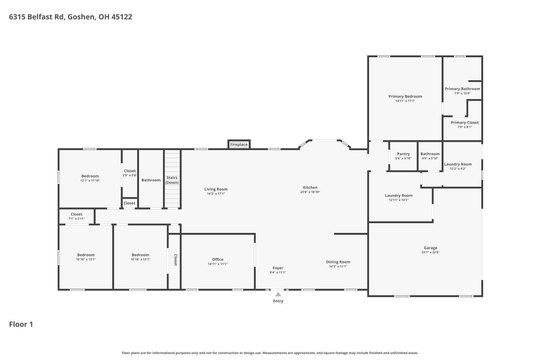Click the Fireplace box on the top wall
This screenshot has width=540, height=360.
(239, 144)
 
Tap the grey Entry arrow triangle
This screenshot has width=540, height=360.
(278, 294)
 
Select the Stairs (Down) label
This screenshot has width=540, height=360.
(172, 180)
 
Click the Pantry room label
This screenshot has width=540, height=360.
(403, 154)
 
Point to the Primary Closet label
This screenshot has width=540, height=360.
(464, 122)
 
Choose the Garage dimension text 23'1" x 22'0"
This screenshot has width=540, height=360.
(431, 252)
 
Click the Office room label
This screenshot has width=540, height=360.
(218, 260)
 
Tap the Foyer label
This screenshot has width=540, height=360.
(278, 268)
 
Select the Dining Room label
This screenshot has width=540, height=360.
(338, 262)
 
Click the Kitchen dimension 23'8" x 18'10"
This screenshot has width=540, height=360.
(310, 192)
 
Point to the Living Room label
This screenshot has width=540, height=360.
(216, 189)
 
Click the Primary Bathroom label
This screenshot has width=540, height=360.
(462, 89)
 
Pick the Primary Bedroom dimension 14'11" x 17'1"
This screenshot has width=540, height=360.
(405, 101)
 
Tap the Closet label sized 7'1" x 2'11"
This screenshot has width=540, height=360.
(76, 214)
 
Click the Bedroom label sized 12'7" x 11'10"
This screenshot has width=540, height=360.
(90, 176)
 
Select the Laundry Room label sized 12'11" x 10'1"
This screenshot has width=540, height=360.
(399, 195)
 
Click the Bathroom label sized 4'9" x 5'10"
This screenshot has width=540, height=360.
(430, 154)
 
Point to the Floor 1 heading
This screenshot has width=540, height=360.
(21, 324)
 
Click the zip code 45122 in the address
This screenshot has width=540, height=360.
(122, 17)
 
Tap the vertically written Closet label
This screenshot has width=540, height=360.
(176, 260)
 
